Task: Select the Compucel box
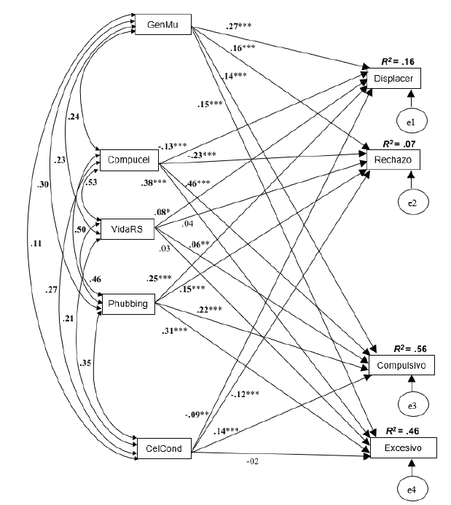pyautogui.click(x=128, y=159)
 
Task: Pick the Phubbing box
pyautogui.click(x=128, y=304)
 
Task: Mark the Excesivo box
pyautogui.click(x=405, y=446)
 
